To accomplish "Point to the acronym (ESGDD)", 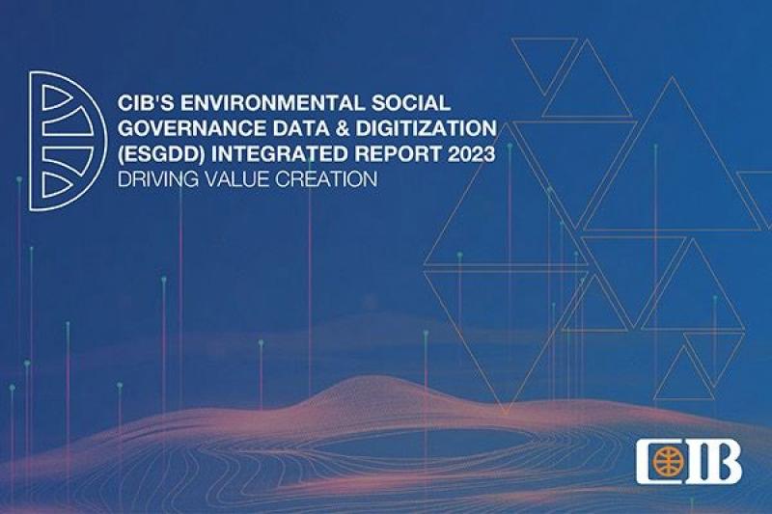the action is point(161,154).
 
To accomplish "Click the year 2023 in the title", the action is point(471,154).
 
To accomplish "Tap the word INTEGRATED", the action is point(280,154).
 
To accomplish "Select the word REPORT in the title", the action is point(398,154).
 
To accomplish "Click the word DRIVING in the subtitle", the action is point(158,179).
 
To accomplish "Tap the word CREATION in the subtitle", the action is point(326,179).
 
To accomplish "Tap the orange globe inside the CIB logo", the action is point(667,462).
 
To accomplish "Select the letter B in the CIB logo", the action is point(725,462).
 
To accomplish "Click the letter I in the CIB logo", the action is point(696,462).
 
